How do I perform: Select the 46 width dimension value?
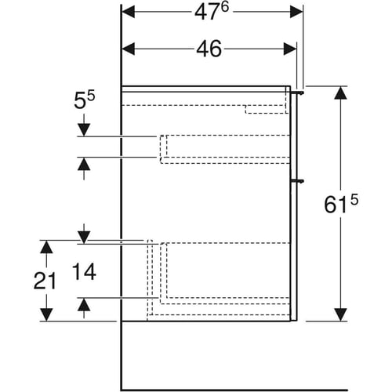click(x=209, y=49)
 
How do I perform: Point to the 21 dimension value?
click(x=45, y=281)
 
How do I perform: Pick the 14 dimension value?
click(x=84, y=272)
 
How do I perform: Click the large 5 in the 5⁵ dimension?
click(x=80, y=101)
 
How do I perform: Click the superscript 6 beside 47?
click(x=224, y=7)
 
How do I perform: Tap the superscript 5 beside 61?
click(x=354, y=201)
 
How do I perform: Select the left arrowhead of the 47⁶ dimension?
click(x=129, y=12)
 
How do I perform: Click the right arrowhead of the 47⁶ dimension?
click(x=296, y=12)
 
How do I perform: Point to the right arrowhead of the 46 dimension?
click(x=290, y=49)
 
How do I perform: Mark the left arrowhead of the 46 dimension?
click(x=129, y=49)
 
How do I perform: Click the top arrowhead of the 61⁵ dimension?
click(x=340, y=93)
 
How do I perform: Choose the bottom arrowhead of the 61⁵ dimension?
click(x=340, y=314)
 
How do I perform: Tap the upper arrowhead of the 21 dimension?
click(x=46, y=247)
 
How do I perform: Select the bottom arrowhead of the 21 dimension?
click(x=46, y=314)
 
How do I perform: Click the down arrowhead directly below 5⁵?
click(x=84, y=130)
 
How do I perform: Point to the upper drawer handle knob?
click(x=298, y=93)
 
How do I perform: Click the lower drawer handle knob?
click(x=298, y=180)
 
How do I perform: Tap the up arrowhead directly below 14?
click(x=84, y=305)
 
